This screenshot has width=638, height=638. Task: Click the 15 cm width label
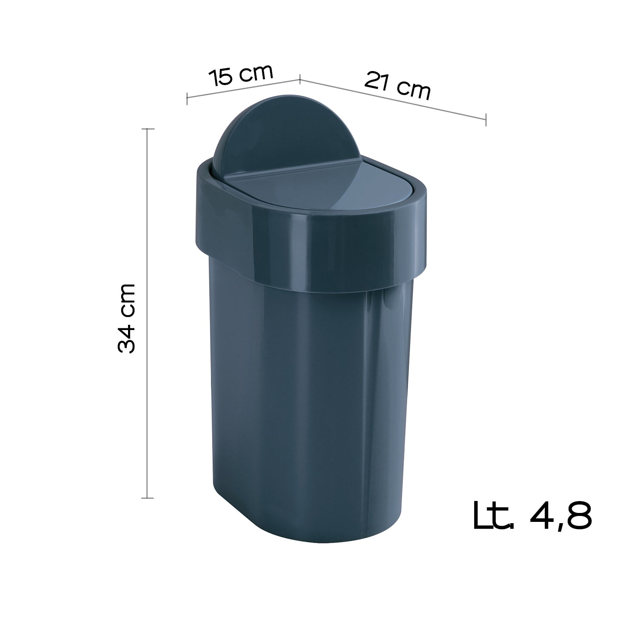pos(240,75)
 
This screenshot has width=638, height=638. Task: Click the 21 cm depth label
pos(397,86)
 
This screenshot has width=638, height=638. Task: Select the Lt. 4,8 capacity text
pos(532,516)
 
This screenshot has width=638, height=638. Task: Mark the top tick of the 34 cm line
pos(148,128)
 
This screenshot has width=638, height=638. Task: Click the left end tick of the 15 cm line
pos(187,98)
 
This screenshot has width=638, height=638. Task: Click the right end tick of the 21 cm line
pos(486,120)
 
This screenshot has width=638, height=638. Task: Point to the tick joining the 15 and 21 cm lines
pos(300,78)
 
